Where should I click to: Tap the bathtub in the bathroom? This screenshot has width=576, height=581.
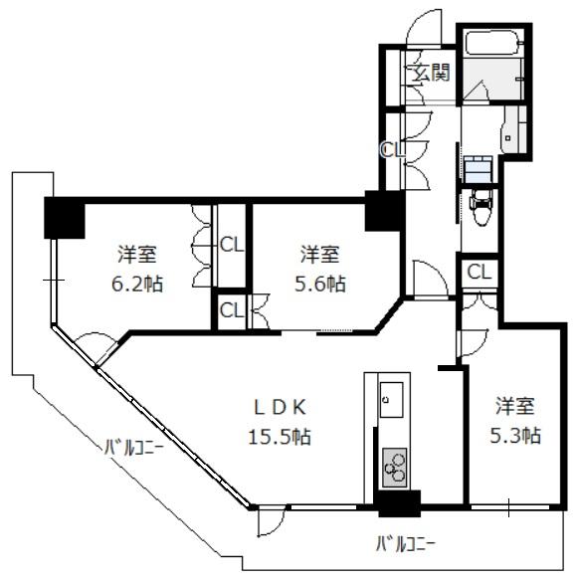493,43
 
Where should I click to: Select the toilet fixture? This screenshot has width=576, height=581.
480,208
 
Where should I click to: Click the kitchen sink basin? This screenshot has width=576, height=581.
392,400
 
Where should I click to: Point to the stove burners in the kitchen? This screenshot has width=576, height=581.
395,468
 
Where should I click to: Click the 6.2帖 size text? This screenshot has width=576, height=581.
137,285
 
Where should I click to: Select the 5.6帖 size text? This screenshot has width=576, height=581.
320,285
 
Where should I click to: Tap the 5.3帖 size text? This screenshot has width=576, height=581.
515,436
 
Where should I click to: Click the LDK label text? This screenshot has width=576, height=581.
280,408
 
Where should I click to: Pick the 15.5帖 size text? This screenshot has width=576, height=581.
280,436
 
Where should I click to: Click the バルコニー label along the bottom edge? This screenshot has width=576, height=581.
406,545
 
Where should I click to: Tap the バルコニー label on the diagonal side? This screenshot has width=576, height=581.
133,448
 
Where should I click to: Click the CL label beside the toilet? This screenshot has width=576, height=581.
479,273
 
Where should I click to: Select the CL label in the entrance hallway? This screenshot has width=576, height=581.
394,149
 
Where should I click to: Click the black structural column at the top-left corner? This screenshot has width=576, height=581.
65,218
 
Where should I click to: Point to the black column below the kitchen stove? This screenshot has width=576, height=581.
399,503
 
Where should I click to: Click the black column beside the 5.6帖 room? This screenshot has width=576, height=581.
384,211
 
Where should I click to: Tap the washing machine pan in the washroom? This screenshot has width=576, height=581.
479,169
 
